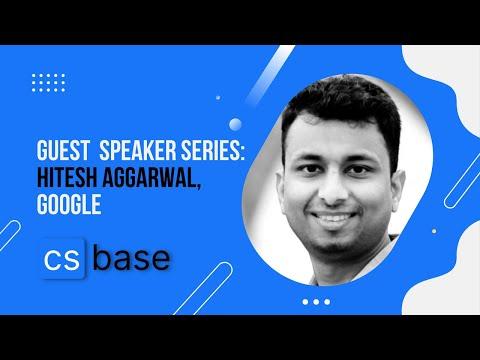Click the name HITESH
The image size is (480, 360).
[x=67, y=178]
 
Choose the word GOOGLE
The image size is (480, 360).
[x=69, y=204]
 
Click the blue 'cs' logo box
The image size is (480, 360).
[x=63, y=258]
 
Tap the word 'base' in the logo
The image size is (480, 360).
[x=131, y=258]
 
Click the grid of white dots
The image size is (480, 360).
[x=49, y=83]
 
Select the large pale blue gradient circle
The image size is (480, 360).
[x=235, y=124]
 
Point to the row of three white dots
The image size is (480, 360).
[x=316, y=302]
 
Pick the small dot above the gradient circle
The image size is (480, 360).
[x=218, y=98]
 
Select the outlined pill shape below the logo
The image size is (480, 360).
[x=203, y=289]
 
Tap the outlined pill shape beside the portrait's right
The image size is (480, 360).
[x=462, y=185]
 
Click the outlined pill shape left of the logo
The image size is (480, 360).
[x=9, y=236]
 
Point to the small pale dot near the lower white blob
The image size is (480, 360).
[x=434, y=231]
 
